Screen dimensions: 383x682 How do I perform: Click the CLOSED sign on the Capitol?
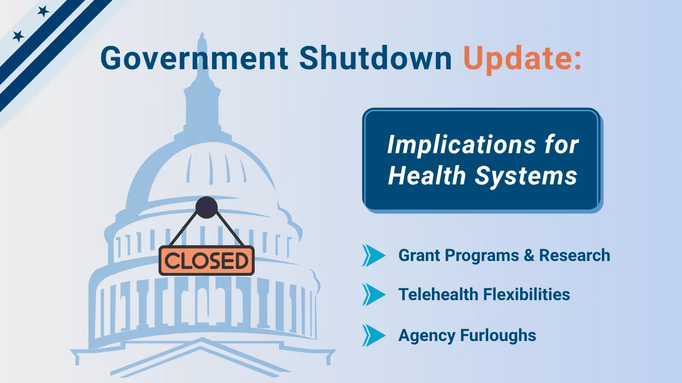click(x=206, y=260)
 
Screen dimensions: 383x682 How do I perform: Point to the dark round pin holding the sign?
click(x=206, y=208)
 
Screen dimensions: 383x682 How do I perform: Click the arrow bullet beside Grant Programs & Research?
click(x=373, y=255)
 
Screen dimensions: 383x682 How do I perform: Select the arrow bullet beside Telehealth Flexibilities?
click(x=373, y=294)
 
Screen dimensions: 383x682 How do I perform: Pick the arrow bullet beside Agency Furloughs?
click(x=373, y=335)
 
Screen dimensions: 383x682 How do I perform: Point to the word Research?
click(x=575, y=255)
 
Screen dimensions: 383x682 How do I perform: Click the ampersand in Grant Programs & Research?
click(x=529, y=255)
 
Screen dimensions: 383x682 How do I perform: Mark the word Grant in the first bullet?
click(x=420, y=255)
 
